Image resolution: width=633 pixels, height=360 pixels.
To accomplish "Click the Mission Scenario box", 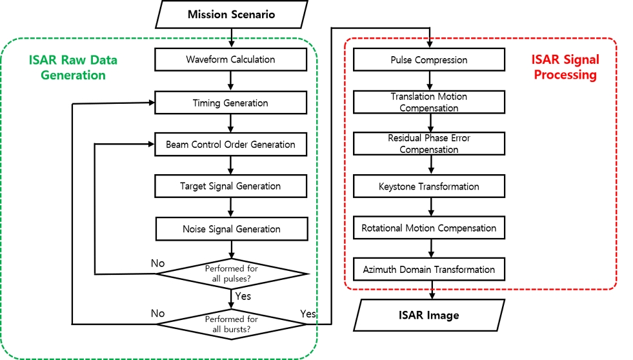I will pos(230,14).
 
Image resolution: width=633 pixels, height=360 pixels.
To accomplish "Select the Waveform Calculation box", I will pos(230,59).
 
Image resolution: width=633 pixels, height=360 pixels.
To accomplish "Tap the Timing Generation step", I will pos(230,103).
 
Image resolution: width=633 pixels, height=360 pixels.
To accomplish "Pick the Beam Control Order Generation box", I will pos(230,145).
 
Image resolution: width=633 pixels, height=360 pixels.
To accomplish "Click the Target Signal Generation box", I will pos(230,186).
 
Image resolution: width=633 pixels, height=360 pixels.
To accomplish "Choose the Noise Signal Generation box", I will pos(230,229).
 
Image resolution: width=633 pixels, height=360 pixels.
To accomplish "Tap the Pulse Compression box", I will pos(429,60).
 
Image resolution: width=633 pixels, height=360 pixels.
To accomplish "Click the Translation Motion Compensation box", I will pos(429,102).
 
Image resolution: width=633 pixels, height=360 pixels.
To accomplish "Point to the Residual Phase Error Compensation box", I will pos(429,144).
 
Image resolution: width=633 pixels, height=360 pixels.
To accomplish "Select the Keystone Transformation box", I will pos(429,186).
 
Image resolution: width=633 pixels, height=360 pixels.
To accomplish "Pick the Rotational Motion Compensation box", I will pos(429,228).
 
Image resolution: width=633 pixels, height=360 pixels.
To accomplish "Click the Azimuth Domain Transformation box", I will pos(429,270).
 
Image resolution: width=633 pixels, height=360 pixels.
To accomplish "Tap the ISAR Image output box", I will pos(429,315).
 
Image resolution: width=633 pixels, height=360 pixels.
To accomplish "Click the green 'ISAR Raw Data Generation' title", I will pos(73,67).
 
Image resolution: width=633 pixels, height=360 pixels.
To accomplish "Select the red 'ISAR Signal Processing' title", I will pos(565,67).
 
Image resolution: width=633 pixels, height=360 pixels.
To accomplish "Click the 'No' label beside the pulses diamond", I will pos(157,263).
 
